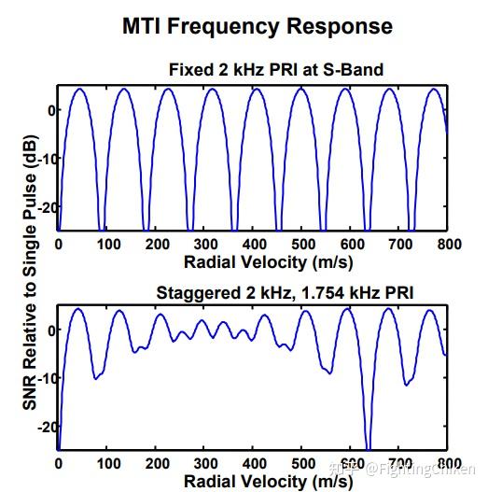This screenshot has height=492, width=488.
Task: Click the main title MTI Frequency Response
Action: tap(258, 26)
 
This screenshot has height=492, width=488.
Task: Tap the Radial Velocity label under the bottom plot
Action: tap(254, 481)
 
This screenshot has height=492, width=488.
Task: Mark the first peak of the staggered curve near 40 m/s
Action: tap(78, 310)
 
